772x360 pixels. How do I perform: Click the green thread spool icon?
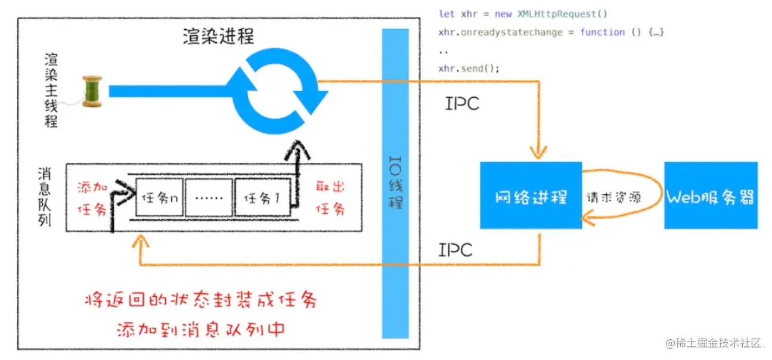coord(92,91)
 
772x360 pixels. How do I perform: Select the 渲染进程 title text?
coord(218,37)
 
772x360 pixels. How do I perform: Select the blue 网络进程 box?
coord(531,195)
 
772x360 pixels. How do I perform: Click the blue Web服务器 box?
coord(711,195)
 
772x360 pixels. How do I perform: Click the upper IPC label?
coord(462,103)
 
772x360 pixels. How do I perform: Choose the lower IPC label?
coord(455,250)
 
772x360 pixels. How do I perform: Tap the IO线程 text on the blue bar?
coord(395,182)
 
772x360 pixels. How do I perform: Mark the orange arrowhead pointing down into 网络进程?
coord(539,154)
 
